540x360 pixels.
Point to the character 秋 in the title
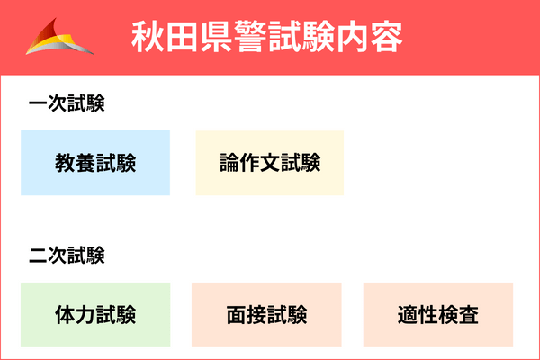point(148,38)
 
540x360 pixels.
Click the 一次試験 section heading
point(67,105)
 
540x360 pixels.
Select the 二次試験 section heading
point(67,256)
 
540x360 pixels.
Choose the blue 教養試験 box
point(95,163)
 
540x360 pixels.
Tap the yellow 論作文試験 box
point(270,163)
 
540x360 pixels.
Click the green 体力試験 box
point(95,315)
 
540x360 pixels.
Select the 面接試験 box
point(267,315)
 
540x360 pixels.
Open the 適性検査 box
point(438,315)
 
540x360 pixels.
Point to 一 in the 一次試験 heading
point(38,105)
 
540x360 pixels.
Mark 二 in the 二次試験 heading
point(38,256)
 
